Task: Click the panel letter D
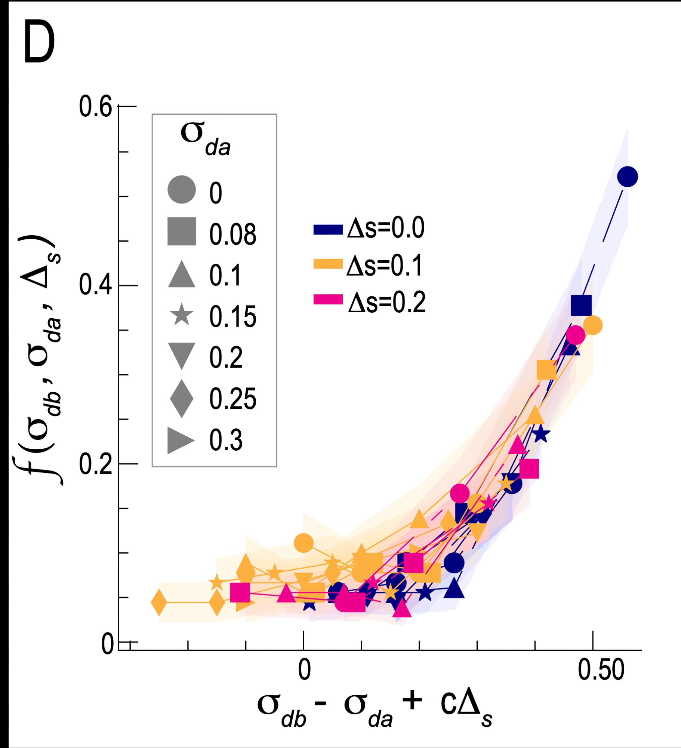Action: [x=39, y=42]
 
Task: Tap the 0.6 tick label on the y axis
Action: [x=95, y=107]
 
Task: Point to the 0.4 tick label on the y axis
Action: [x=95, y=285]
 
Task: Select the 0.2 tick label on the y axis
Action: [x=95, y=464]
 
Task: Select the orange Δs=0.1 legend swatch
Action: [x=328, y=264]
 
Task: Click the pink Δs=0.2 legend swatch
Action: [x=328, y=300]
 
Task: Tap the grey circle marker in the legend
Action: [x=182, y=190]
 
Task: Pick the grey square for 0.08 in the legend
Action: [x=182, y=232]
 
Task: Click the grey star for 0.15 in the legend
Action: [x=182, y=315]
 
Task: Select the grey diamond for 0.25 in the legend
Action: [x=182, y=398]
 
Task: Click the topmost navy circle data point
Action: [x=627, y=177]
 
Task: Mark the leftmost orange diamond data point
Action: [x=159, y=602]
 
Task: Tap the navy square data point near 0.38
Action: [x=581, y=305]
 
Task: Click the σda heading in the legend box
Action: [x=205, y=138]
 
